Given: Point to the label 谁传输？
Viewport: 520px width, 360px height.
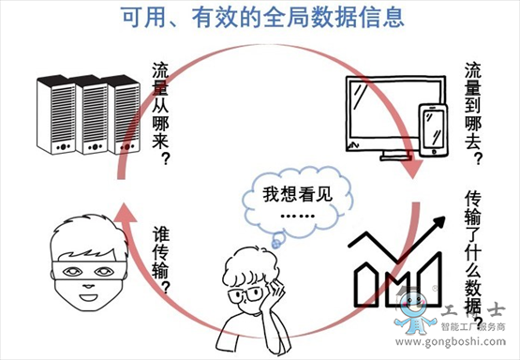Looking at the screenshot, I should click(x=160, y=259).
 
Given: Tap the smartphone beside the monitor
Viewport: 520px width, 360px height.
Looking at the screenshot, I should click(x=433, y=130).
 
